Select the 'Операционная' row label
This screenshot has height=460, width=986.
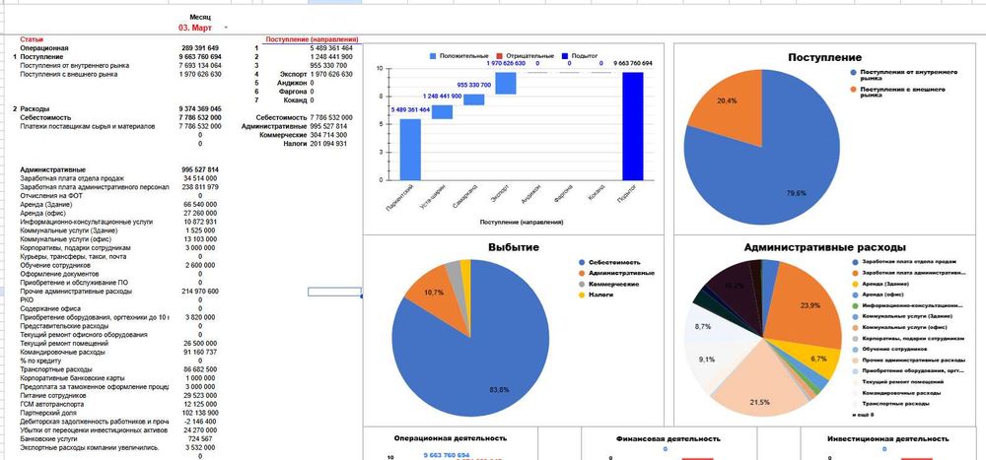click(44, 48)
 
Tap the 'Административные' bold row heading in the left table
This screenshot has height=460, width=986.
click(52, 169)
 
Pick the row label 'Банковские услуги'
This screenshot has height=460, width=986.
click(46, 438)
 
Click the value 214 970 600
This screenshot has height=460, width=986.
click(200, 292)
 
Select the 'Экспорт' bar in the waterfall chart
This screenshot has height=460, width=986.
click(505, 83)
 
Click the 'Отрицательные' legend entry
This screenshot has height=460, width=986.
click(530, 56)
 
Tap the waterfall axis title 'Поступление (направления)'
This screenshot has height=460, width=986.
click(520, 223)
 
